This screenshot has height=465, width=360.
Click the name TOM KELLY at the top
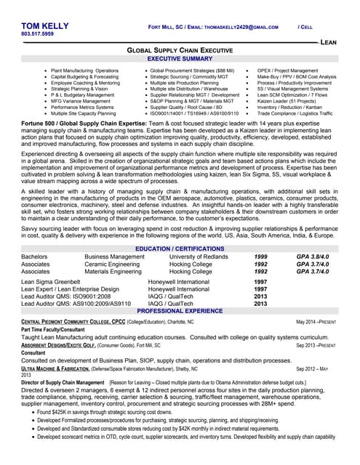[x=46, y=25]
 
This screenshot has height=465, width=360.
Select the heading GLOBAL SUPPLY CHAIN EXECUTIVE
[x=180, y=51]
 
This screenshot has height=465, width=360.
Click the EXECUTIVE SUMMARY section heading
[x=180, y=58]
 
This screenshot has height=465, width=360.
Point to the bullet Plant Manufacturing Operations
[x=84, y=70]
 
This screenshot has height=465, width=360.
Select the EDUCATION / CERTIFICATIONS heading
[x=180, y=248]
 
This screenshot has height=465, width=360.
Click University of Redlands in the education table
[x=199, y=256]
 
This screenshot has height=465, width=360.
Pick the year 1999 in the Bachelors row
[x=260, y=256]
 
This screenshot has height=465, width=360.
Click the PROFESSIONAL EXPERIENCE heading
[x=180, y=310]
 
